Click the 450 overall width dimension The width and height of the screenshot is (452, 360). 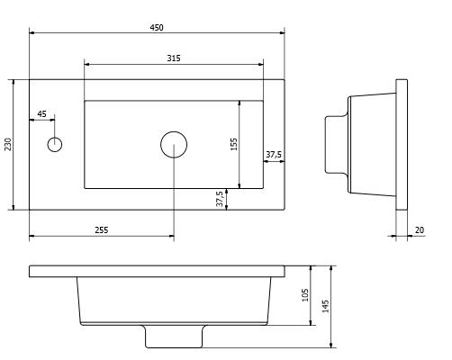pos(157,28)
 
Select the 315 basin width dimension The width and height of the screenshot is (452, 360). pos(174,58)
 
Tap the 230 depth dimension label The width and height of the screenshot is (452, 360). pos(8,144)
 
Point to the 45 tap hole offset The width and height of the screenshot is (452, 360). pos(41,114)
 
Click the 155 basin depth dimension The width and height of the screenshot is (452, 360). pos(234,144)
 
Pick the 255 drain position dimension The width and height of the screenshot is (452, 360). pos(102,230)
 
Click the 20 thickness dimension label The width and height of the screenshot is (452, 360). pos(420,230)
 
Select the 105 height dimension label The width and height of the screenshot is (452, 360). pos(305,295)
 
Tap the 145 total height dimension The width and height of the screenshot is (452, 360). pos(325,306)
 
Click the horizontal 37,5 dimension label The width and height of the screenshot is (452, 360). pos(274,155)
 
